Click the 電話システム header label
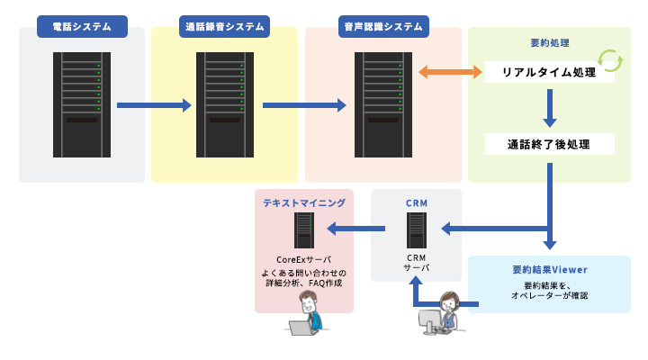(82, 27)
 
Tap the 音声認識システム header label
(383, 27)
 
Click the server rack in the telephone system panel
(82, 104)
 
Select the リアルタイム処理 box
(549, 72)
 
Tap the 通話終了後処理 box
(549, 144)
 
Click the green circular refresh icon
(611, 60)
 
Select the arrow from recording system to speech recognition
(304, 105)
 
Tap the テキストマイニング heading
(303, 203)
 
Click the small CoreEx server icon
(304, 231)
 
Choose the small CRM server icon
(416, 231)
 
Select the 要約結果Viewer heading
(549, 269)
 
